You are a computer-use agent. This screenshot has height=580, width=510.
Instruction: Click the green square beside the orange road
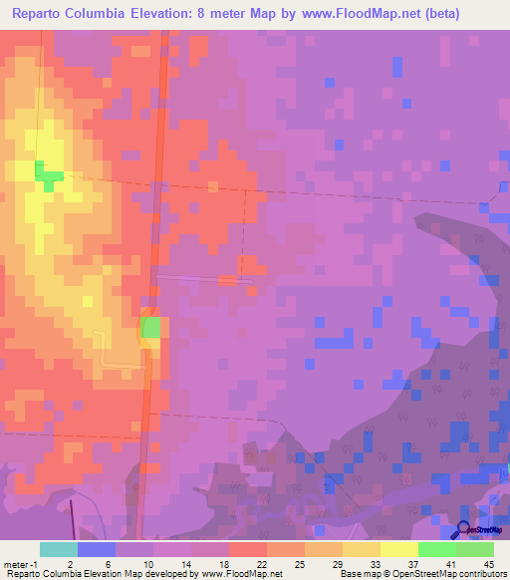click(150, 327)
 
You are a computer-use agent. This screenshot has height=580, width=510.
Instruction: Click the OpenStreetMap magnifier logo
click(464, 530)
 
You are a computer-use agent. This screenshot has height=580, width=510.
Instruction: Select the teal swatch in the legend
click(59, 549)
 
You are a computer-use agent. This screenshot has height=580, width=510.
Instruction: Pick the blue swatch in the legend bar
click(97, 549)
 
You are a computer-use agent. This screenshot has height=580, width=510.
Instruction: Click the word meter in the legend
click(17, 564)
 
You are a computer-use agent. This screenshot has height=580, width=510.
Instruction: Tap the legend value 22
click(247, 564)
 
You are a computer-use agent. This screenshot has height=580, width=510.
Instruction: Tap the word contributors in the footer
click(480, 574)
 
